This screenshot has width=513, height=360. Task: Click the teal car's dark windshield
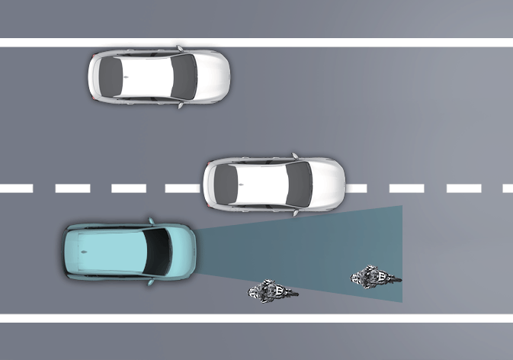159,252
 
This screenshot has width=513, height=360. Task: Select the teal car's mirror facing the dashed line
152,222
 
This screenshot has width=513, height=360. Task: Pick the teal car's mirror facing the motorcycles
152,282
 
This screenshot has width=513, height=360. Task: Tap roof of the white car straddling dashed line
259,185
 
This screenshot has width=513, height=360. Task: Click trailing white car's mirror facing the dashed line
181,105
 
